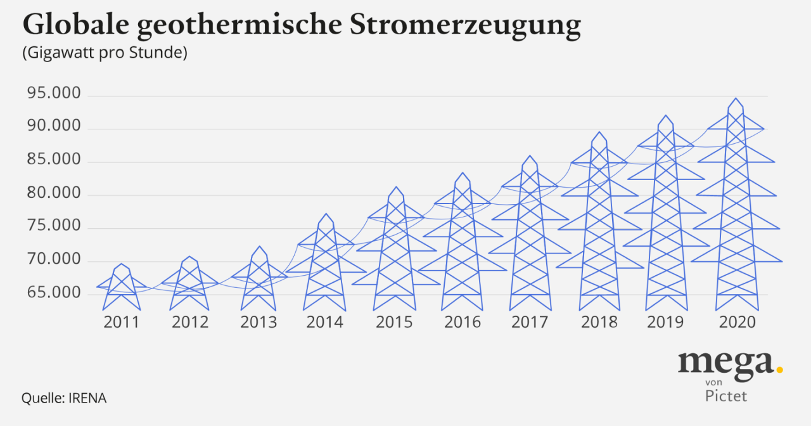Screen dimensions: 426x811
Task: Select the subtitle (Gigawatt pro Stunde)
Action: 105,53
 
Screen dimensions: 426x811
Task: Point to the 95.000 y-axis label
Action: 54,94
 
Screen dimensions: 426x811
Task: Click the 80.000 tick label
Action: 54,193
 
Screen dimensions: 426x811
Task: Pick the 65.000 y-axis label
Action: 54,293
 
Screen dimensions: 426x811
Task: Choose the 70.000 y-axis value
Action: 54,260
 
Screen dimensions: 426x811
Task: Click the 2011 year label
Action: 121,322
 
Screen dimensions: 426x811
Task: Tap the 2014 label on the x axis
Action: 324,322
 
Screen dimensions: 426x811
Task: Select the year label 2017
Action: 530,322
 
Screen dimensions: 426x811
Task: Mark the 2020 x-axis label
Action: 738,322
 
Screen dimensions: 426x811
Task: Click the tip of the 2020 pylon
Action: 736,99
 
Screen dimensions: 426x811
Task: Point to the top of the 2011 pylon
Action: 121,264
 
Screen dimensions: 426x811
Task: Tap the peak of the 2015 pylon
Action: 396,188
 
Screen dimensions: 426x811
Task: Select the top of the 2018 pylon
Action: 599,132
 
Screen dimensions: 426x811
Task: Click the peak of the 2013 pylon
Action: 259,247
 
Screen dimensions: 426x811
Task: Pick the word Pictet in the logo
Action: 726,396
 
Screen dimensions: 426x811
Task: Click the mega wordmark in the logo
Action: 725,363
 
